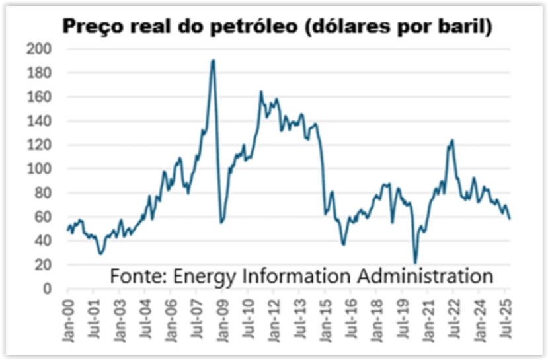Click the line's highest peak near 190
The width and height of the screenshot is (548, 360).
[x=213, y=61]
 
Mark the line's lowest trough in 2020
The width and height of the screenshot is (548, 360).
[x=415, y=263]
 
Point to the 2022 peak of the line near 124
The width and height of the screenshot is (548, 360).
[x=452, y=140]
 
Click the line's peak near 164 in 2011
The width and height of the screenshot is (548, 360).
[x=260, y=92]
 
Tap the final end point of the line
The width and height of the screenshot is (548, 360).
[x=510, y=219]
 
